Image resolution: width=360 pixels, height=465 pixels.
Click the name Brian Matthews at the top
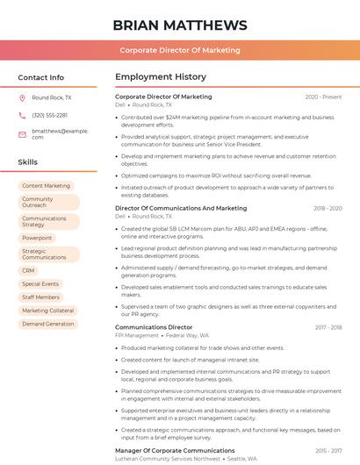pos(180,25)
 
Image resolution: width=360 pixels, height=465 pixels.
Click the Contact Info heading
pos(40,77)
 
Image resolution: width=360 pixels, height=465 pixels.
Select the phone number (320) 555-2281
pos(49,115)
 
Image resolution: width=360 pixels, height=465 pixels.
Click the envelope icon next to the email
pos(22,133)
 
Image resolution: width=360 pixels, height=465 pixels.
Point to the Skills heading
pos(28,162)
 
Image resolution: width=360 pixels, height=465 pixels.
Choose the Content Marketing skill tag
pos(46,186)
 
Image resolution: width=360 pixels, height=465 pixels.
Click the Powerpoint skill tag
pos(37,238)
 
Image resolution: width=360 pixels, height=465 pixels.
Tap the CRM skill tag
pos(28,271)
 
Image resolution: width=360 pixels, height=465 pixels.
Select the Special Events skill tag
pos(40,284)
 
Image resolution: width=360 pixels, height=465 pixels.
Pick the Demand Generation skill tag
pos(47,324)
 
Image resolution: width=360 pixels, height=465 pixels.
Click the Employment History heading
pos(160,77)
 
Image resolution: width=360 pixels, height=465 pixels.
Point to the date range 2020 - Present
pos(323,97)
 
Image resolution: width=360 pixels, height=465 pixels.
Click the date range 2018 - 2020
pos(327,209)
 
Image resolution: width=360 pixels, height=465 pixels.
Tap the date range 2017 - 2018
pos(328,327)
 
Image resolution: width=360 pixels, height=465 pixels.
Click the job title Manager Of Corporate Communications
pos(175,450)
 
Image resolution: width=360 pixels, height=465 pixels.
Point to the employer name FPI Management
pos(137,335)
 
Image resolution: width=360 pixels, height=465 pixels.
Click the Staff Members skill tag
pos(40,297)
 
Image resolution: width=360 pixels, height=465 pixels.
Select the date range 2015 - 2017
pos(328,450)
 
